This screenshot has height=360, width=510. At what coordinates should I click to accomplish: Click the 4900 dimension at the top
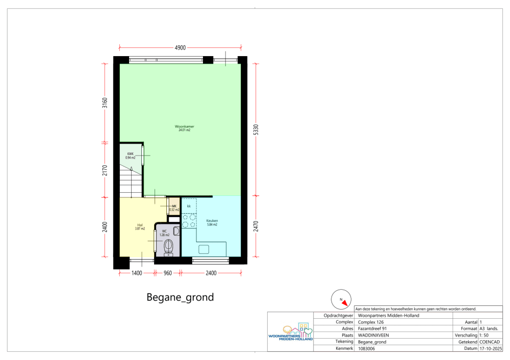(180, 48)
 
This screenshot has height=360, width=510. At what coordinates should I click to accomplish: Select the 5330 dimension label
(256, 130)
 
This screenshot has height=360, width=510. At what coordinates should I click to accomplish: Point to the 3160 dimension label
(105, 103)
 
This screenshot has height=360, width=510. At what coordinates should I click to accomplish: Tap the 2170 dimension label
(105, 170)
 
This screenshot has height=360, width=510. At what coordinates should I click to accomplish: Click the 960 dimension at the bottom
(167, 273)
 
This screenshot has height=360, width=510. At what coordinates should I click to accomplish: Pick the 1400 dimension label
(137, 273)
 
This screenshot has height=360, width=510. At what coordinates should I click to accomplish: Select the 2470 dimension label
(256, 226)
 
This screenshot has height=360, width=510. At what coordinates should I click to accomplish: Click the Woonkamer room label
(185, 126)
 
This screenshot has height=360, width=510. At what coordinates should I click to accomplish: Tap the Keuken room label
(212, 220)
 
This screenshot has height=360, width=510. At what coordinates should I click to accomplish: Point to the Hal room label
(140, 225)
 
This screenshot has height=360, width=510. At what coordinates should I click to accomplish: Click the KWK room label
(130, 154)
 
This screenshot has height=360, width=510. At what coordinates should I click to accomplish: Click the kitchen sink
(204, 249)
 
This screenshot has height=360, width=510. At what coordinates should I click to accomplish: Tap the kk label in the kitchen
(189, 206)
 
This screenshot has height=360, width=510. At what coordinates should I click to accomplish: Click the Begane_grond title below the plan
(180, 297)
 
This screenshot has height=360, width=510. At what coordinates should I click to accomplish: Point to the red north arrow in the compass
(345, 303)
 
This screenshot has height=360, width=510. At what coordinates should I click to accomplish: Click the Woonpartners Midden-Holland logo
(291, 332)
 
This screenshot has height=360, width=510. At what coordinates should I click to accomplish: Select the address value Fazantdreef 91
(372, 328)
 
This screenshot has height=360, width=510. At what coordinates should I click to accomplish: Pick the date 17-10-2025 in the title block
(491, 348)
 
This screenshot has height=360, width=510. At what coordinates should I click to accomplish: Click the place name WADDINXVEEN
(373, 336)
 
